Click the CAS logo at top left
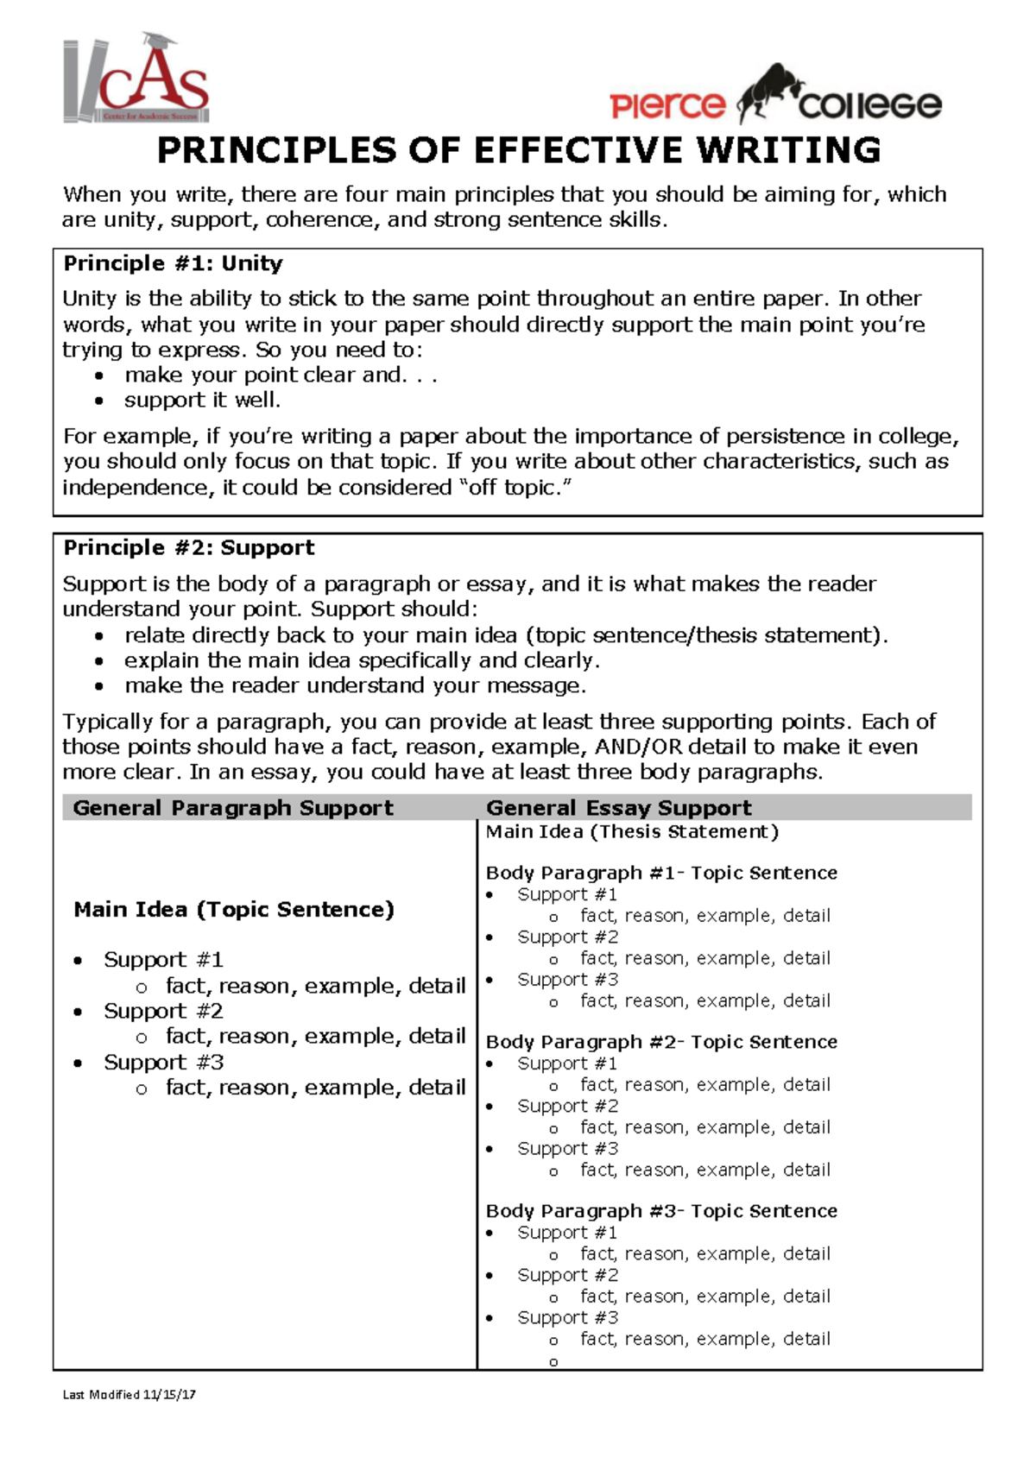136,80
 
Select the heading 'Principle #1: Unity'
173,263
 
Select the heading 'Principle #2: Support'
188,547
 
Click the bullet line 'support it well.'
202,401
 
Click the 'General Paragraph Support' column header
233,808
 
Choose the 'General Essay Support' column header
618,808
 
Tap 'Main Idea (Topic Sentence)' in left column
233,909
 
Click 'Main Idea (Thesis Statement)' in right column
632,832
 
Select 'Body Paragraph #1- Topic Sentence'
661,873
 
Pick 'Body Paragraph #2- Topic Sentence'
661,1042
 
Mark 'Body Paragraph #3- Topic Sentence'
661,1211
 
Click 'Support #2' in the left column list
163,1011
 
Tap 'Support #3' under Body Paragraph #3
567,1318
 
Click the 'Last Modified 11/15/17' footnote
129,1394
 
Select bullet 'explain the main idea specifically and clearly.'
362,660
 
